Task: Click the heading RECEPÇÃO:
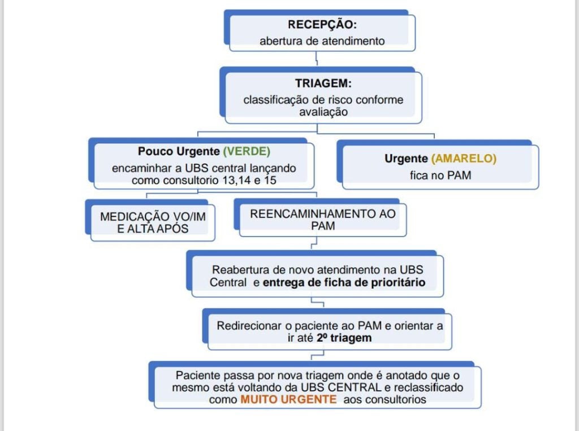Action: pyautogui.click(x=322, y=25)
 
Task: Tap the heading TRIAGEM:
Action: pyautogui.click(x=323, y=84)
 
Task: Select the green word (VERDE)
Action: pyautogui.click(x=247, y=152)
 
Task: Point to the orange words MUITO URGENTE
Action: pyautogui.click(x=288, y=399)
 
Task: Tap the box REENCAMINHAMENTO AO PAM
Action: pyautogui.click(x=323, y=220)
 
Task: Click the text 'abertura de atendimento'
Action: pyautogui.click(x=322, y=41)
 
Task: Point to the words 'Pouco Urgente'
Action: pyautogui.click(x=178, y=152)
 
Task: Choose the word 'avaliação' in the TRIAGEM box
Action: pyautogui.click(x=323, y=111)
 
